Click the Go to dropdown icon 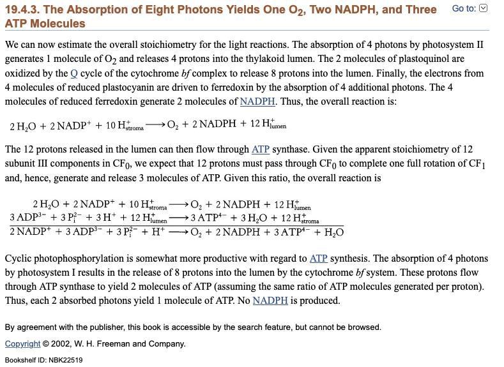[483, 8]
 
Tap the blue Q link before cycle [74, 73]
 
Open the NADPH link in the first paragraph [257, 101]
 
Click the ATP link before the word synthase [261, 149]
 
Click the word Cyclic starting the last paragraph [21, 258]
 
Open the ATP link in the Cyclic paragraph [318, 258]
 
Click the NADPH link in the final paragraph [270, 301]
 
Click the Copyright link [22, 344]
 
